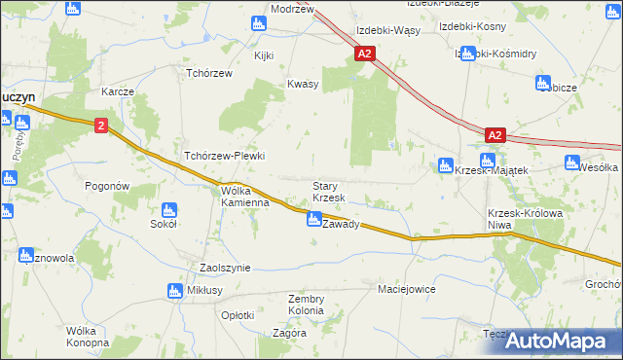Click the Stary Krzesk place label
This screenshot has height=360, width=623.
click(328, 192)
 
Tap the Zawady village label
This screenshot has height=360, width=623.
click(342, 224)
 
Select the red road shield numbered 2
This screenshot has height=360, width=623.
click(101, 126)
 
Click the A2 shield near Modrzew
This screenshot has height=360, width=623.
click(364, 55)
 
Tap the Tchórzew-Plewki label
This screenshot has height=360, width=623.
click(225, 156)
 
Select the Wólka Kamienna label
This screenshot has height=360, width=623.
click(244, 197)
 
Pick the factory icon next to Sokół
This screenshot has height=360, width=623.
click(168, 210)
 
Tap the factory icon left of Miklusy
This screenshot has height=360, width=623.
click(175, 290)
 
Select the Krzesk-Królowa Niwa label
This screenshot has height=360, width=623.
click(513, 219)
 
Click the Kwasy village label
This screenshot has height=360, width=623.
click(303, 85)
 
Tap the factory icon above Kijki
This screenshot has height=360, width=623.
click(259, 23)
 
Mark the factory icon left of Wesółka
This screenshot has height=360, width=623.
click(570, 164)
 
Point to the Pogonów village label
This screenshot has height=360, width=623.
click(107, 186)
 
